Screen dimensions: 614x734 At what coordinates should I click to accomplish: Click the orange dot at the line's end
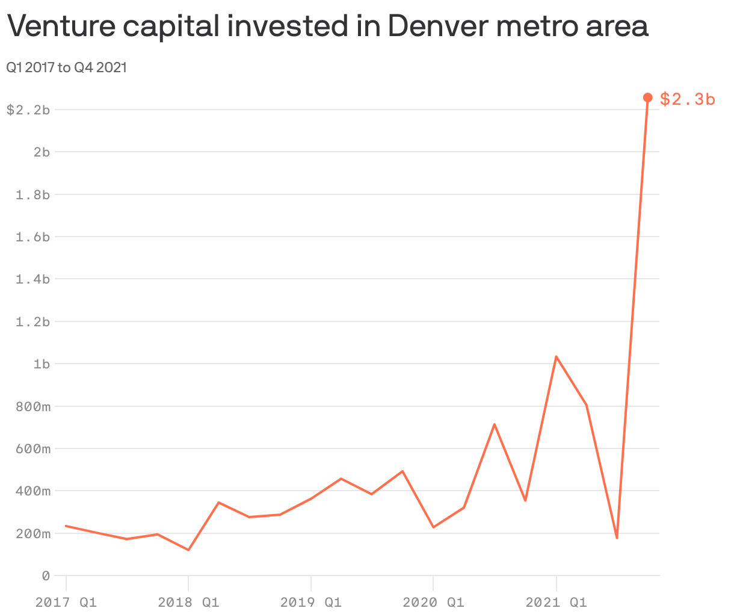point(647,98)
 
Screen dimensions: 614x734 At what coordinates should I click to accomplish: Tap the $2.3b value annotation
point(687,99)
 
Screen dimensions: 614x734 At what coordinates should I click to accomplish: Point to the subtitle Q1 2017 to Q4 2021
point(66,67)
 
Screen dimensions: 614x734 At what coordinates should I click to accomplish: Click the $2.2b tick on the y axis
point(28,110)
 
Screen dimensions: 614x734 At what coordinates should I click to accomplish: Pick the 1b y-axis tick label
point(42,364)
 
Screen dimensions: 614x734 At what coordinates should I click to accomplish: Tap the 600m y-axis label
point(32,448)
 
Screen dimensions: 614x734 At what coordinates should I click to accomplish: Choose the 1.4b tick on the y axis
point(32,279)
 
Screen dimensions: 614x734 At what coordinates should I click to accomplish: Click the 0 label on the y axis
point(45,575)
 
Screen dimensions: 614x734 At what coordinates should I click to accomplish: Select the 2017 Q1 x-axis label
point(66,602)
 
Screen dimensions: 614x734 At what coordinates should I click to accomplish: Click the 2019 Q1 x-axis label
point(310,602)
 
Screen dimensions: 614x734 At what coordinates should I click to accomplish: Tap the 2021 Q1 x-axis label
point(556,602)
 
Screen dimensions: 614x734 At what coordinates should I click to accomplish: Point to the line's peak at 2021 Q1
point(557,356)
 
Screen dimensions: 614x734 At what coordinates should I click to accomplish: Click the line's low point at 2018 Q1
point(188,550)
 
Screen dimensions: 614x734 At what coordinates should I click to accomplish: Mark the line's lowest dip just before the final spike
point(617,538)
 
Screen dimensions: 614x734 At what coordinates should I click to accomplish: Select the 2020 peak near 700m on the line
point(495,424)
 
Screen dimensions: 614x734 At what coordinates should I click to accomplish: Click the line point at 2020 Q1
point(433,527)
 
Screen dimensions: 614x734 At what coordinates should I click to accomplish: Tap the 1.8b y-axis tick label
point(32,194)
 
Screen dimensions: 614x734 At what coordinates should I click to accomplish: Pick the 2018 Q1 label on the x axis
point(188,602)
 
